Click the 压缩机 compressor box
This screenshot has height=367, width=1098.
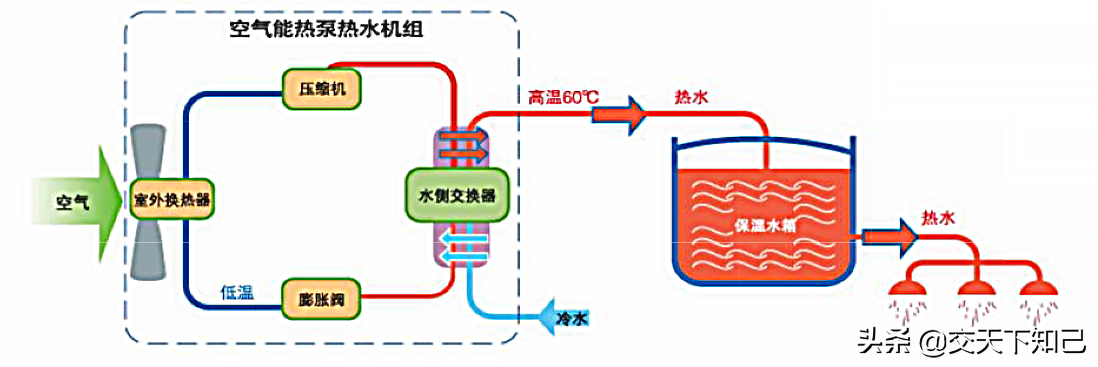pos(321,89)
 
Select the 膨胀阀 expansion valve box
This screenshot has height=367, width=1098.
pos(321,299)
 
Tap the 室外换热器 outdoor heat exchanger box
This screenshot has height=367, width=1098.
pos(172,199)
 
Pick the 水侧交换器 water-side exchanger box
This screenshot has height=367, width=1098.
pos(457,195)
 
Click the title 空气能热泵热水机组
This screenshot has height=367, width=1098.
pos(326,29)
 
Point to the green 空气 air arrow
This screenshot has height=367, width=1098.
pos(77,202)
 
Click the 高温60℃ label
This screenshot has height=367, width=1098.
pos(563,97)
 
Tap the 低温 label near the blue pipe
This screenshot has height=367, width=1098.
pos(237,292)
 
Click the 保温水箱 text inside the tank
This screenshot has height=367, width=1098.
pos(764,225)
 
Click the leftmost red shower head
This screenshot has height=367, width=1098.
pos(907,288)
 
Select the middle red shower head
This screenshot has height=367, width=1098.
pos(976,288)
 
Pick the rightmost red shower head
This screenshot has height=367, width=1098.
pos(1039,288)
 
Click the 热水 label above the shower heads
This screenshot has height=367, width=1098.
pos(937,218)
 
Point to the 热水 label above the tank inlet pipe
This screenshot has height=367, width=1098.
pos(691,97)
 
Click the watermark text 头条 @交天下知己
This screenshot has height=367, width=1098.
pos(971,342)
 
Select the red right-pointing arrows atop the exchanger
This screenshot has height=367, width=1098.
pos(464,145)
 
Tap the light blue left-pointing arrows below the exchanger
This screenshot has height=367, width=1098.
pos(465,247)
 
